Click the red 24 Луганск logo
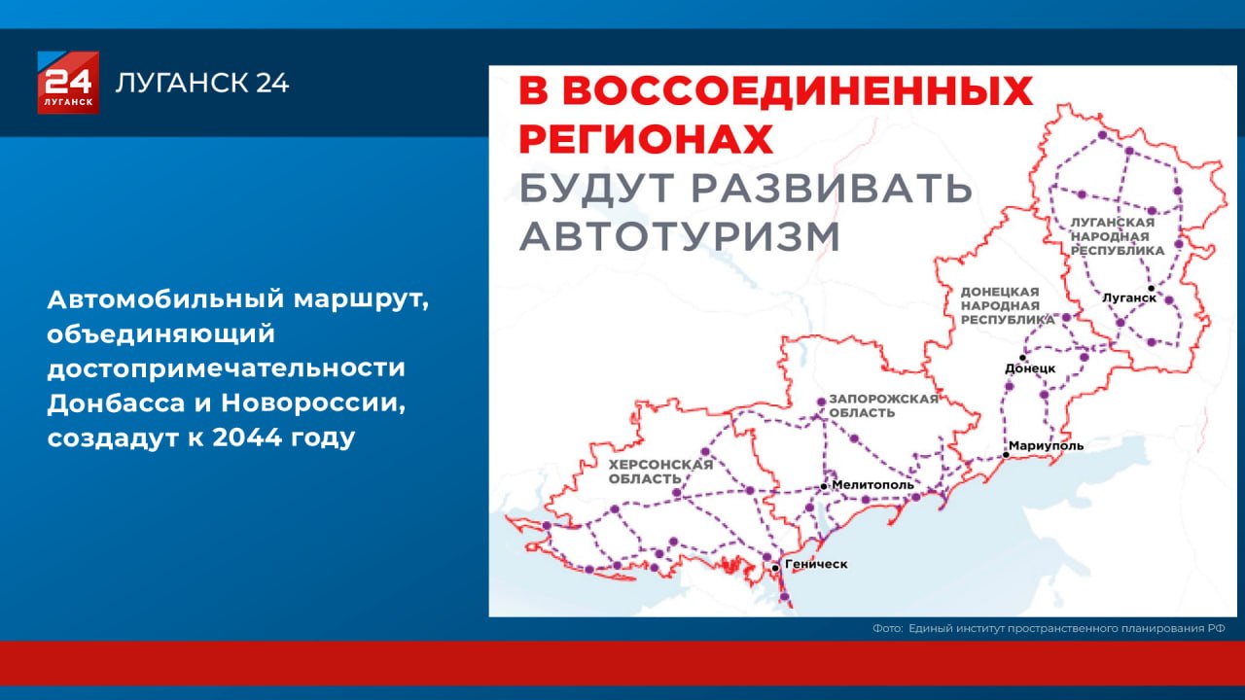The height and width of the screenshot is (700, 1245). pyautogui.click(x=68, y=83)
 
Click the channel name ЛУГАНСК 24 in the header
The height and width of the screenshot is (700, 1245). pyautogui.click(x=202, y=84)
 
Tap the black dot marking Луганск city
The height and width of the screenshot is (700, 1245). pyautogui.click(x=1151, y=288)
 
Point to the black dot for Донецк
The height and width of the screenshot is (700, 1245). pyautogui.click(x=1022, y=358)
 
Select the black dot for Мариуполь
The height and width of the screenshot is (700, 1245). pyautogui.click(x=1005, y=454)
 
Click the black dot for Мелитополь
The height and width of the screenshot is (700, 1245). pyautogui.click(x=824, y=485)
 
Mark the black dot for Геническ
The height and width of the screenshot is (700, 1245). pyautogui.click(x=774, y=566)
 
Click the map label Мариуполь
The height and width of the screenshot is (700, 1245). pyautogui.click(x=1047, y=446)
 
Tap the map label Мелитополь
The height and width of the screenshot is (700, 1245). pyautogui.click(x=873, y=484)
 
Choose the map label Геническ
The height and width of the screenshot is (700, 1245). pyautogui.click(x=816, y=564)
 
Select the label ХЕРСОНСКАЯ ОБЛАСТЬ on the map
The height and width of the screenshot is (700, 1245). pyautogui.click(x=660, y=472)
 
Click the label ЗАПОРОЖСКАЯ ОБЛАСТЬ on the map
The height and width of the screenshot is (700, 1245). pyautogui.click(x=883, y=405)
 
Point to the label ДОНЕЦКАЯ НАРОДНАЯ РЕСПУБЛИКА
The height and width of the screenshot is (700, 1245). pyautogui.click(x=1007, y=304)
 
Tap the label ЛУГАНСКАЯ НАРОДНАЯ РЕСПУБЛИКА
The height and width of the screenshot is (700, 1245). pyautogui.click(x=1117, y=236)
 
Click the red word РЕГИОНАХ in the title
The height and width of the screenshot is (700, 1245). pyautogui.click(x=646, y=138)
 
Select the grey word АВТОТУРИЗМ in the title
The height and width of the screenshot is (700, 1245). pyautogui.click(x=679, y=236)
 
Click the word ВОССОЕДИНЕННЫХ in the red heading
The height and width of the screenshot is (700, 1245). pyautogui.click(x=797, y=91)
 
